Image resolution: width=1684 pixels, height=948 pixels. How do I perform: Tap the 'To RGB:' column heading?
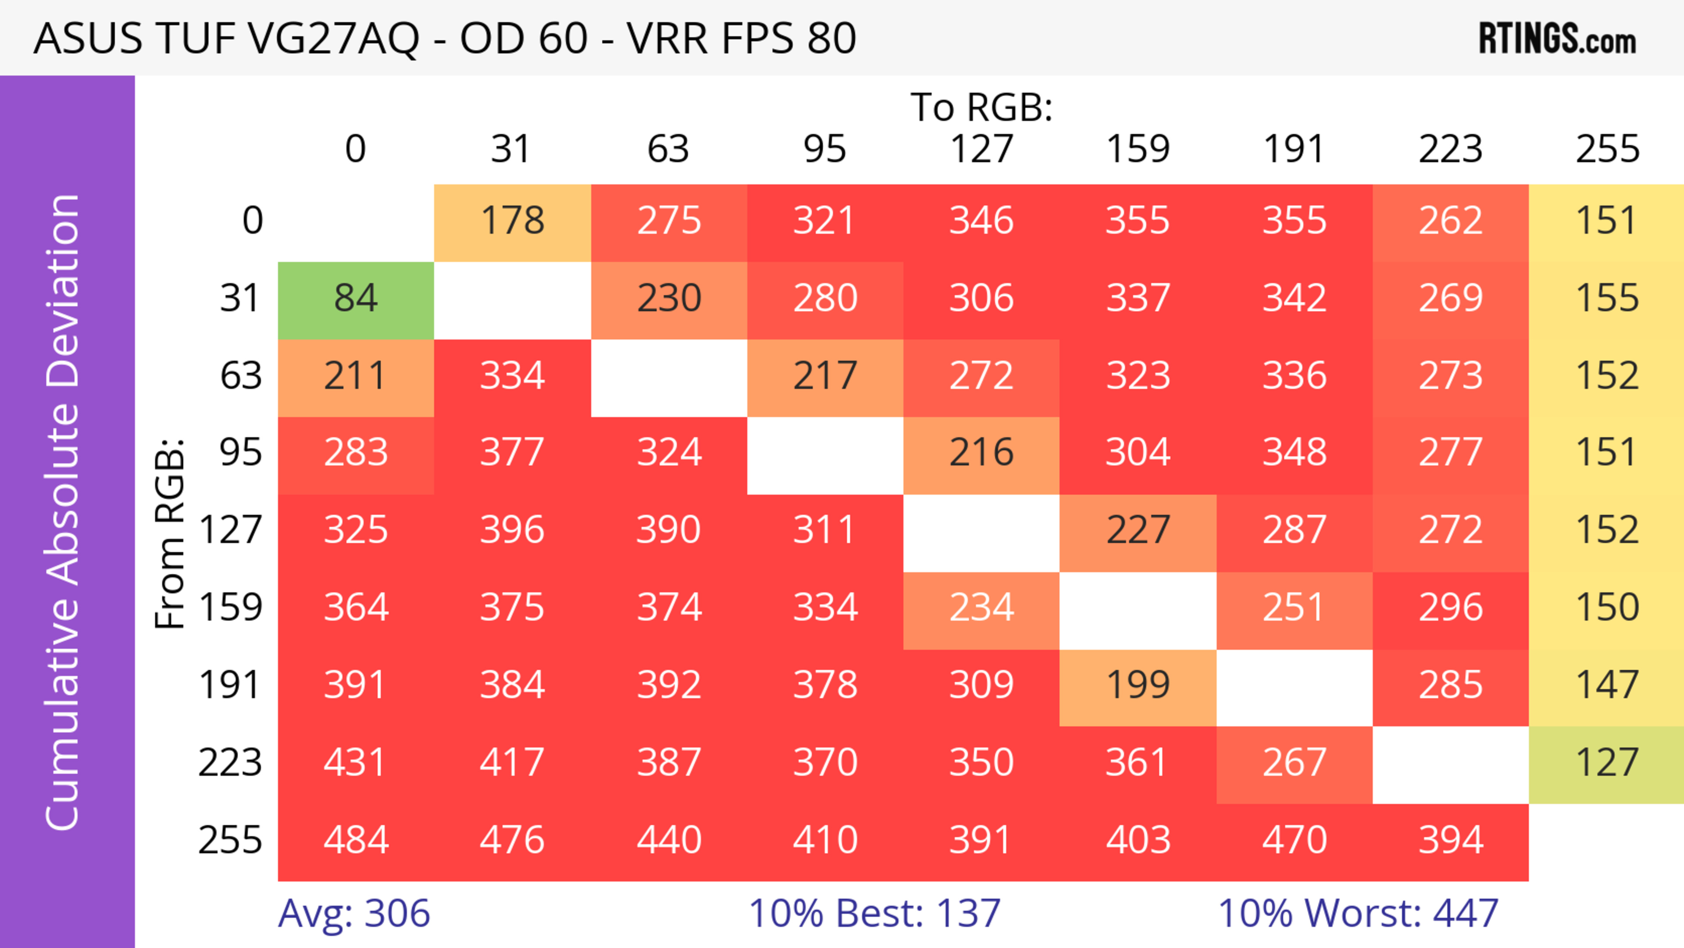click(x=981, y=107)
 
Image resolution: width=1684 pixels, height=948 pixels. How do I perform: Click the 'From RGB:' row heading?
click(x=170, y=533)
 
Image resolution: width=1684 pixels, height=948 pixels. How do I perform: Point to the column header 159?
click(x=1138, y=149)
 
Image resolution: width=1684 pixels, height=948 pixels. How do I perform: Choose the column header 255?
click(x=1607, y=149)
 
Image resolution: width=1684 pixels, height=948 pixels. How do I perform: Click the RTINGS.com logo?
click(x=1557, y=38)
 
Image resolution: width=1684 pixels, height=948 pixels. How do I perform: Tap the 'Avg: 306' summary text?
click(x=353, y=913)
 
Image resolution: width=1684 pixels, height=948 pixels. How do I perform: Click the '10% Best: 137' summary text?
click(x=874, y=913)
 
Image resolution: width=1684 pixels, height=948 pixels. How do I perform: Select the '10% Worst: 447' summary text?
click(x=1358, y=913)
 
